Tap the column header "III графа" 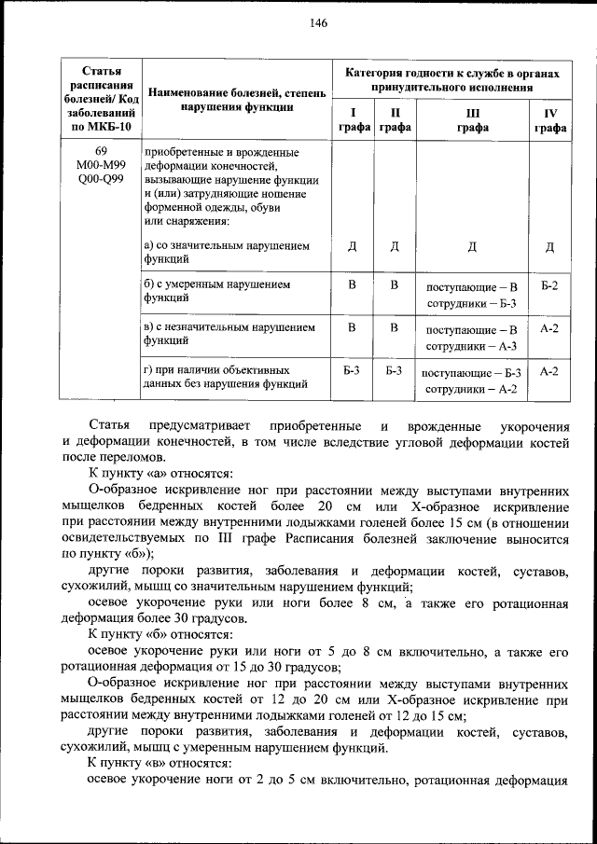472,121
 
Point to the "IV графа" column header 549,121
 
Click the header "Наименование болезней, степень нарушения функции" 236,99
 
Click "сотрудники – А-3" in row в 472,346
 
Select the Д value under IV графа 549,247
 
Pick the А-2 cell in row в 549,328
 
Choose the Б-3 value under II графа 394,371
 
